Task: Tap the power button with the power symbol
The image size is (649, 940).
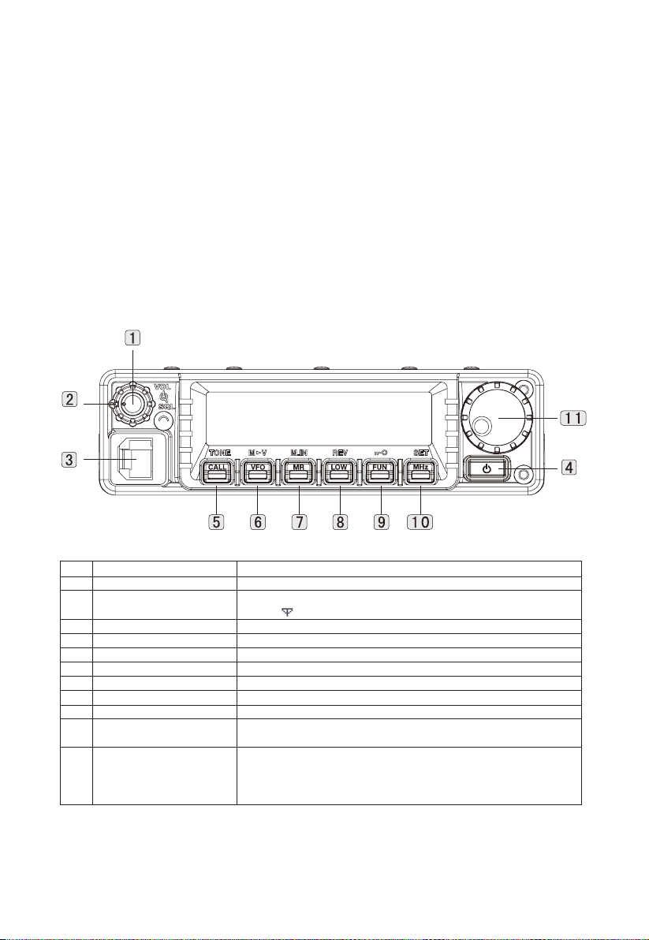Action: tap(487, 468)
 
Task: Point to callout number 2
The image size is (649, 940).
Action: tap(70, 399)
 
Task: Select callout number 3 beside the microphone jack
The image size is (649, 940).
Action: tap(70, 460)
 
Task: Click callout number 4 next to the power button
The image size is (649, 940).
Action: tap(569, 466)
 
